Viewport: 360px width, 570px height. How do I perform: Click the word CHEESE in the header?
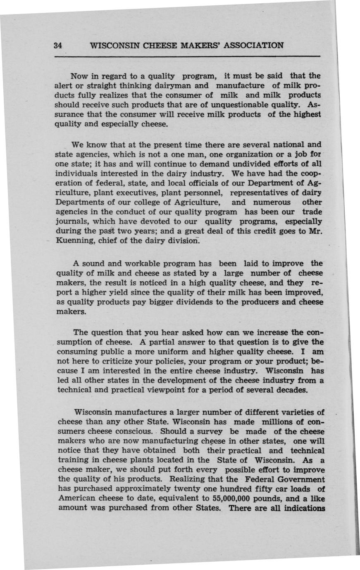click(154, 45)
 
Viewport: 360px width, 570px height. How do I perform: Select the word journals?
click(72, 221)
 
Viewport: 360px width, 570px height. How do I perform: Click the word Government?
click(301, 480)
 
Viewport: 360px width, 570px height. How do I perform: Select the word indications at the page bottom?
click(304, 508)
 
